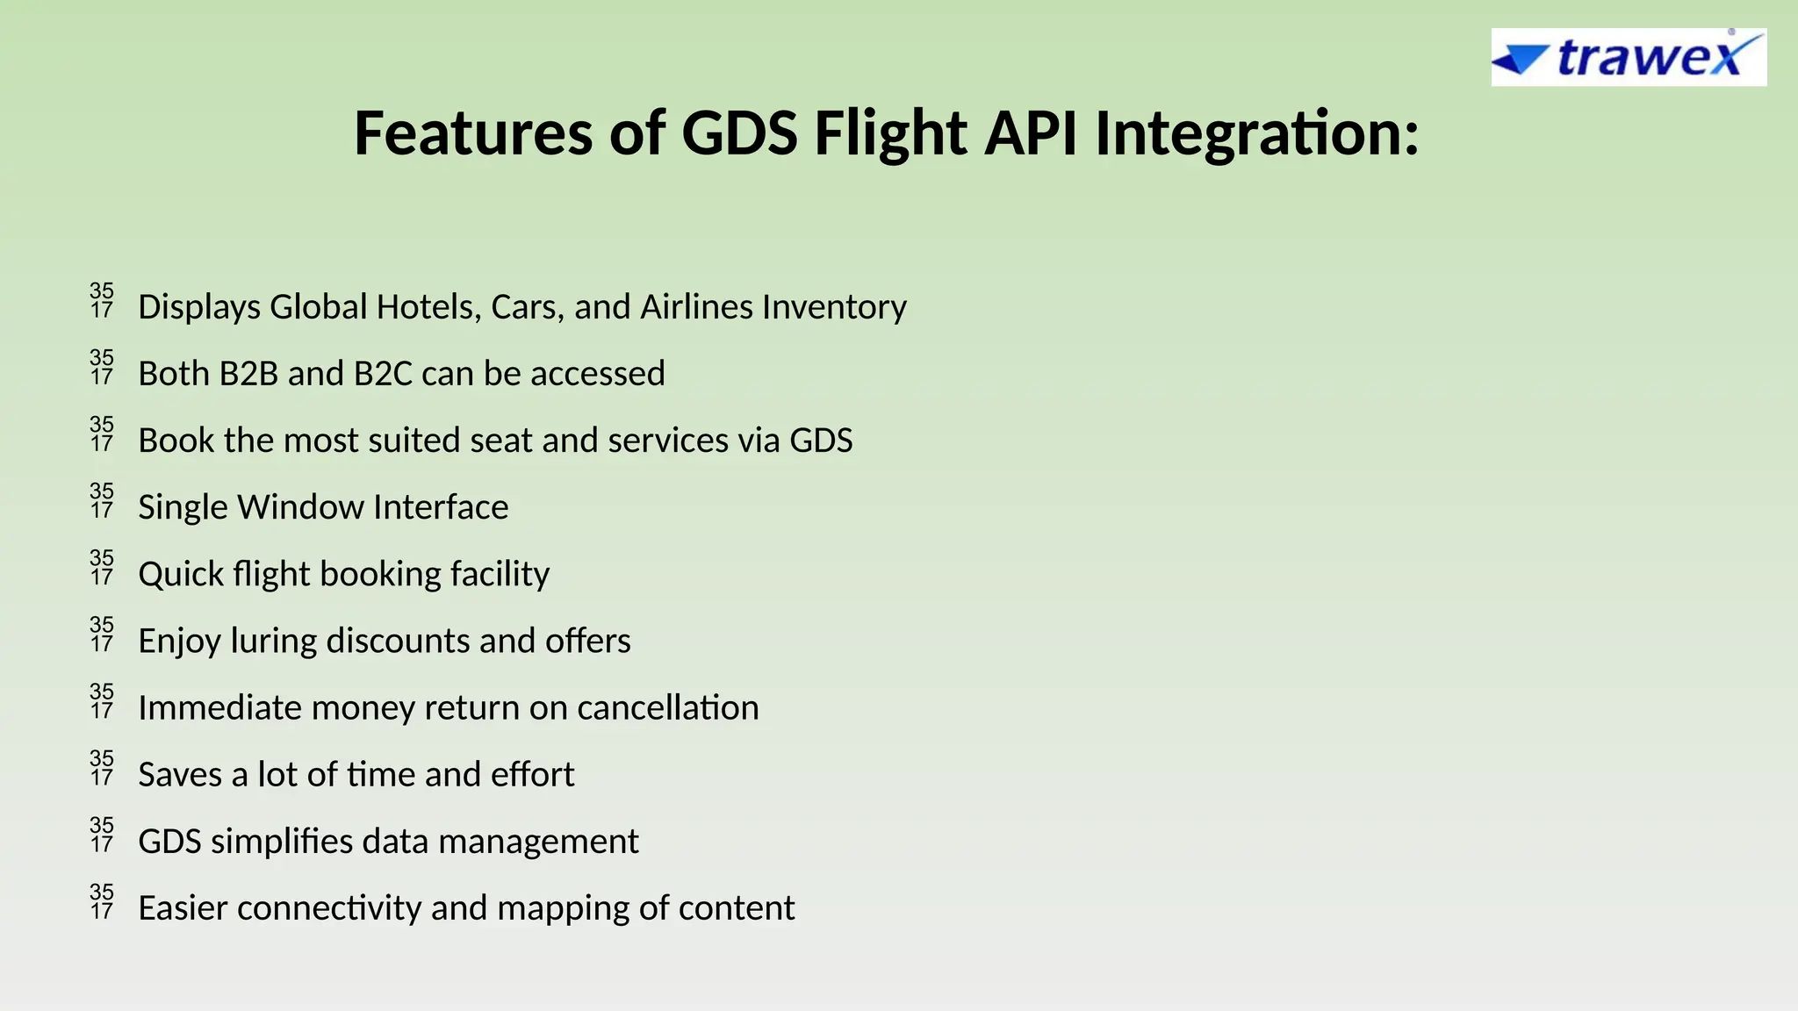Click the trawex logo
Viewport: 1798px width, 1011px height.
click(x=1628, y=58)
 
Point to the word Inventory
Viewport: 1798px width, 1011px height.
click(x=834, y=307)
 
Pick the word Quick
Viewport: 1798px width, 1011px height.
click(x=181, y=574)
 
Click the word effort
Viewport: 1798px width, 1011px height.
click(x=532, y=774)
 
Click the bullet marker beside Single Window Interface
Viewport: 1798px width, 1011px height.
click(x=102, y=500)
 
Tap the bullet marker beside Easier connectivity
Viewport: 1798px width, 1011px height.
click(x=102, y=901)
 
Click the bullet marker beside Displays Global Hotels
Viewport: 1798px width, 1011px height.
click(x=102, y=300)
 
